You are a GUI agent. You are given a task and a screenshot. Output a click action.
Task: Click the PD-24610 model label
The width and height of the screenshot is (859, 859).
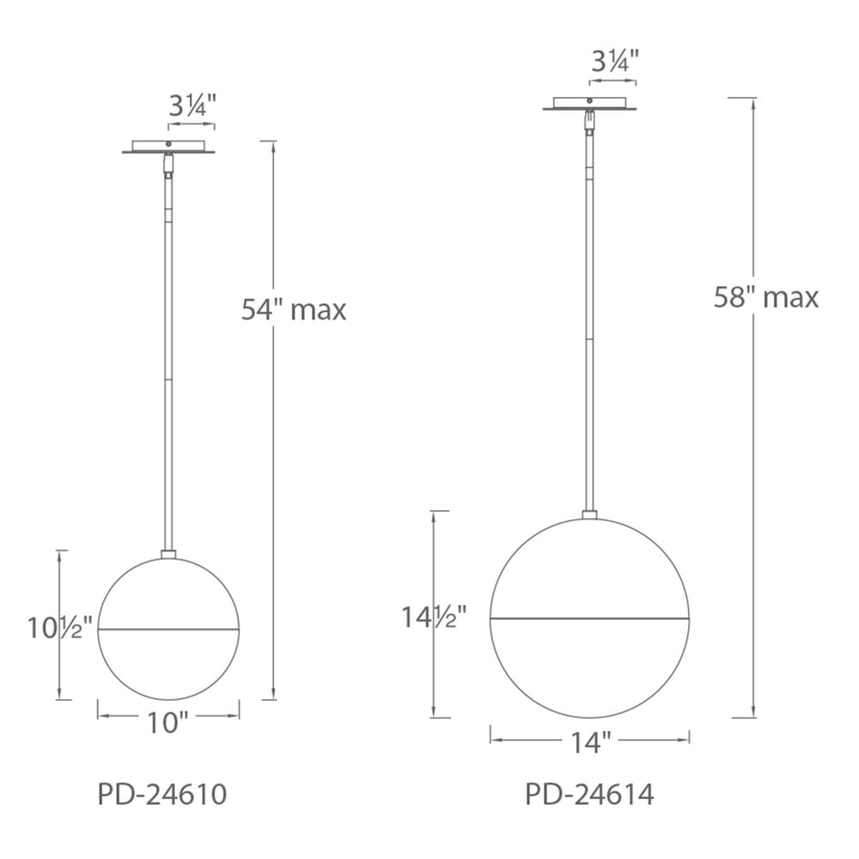point(162,794)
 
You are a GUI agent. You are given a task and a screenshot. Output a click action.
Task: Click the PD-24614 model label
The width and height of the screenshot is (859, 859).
point(589,794)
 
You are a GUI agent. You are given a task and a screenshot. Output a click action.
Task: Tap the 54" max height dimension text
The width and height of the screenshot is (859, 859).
point(294,309)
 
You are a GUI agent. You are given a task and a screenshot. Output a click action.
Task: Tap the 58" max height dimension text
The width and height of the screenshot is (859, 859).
point(766,297)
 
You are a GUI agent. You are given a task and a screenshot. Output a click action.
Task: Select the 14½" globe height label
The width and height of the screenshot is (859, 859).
point(435,616)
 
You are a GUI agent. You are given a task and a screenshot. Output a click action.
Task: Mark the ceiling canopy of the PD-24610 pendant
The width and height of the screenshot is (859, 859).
point(168,148)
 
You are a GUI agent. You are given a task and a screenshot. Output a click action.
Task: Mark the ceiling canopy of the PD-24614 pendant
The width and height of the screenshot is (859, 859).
point(589,105)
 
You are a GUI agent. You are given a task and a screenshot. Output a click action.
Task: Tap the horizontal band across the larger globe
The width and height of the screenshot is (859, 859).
point(589,617)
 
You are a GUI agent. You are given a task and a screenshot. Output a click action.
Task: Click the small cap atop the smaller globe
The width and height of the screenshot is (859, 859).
point(168,554)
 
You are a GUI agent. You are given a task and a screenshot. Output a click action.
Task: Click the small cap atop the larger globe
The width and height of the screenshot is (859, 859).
point(589,515)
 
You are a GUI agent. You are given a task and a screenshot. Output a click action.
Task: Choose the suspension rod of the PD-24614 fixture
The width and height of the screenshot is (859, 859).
point(589,326)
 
